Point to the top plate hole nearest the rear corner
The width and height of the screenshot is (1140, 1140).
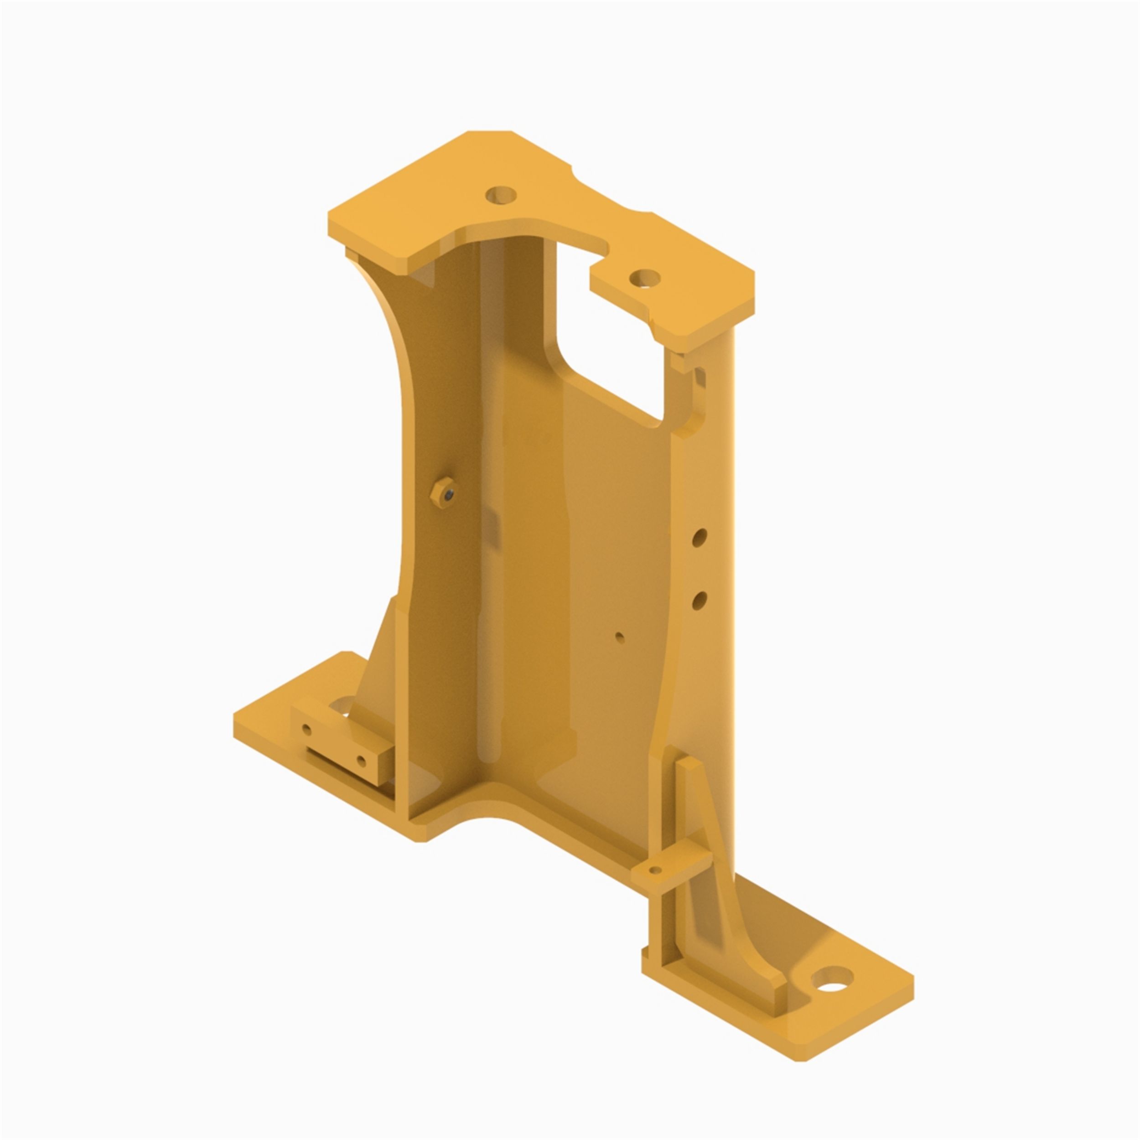(x=501, y=195)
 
